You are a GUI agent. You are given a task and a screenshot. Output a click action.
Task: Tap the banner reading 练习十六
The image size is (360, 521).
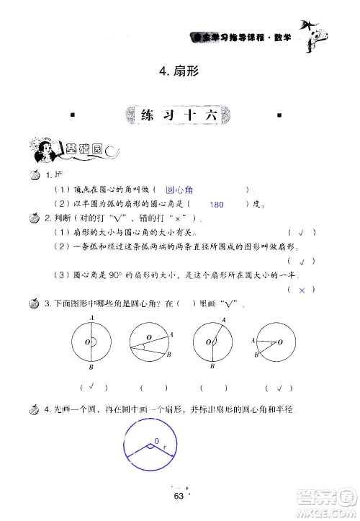[180, 116]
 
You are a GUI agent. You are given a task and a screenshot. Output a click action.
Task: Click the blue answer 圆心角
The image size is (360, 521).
[179, 190]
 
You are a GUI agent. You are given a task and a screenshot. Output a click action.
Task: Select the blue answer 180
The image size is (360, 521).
[217, 205]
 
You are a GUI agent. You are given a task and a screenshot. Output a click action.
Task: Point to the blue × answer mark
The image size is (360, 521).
[302, 289]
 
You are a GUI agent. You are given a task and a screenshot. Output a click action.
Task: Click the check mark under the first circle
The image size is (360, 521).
[94, 386]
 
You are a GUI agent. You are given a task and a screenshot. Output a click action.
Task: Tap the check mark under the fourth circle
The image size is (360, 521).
[276, 386]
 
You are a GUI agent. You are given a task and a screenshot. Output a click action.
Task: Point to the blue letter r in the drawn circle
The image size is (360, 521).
[164, 447]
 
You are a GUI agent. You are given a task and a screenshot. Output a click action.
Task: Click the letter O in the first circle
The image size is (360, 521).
[86, 342]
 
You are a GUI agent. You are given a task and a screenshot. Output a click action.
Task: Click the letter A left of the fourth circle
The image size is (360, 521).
[253, 339]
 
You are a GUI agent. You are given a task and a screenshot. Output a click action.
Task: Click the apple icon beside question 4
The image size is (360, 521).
[33, 410]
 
